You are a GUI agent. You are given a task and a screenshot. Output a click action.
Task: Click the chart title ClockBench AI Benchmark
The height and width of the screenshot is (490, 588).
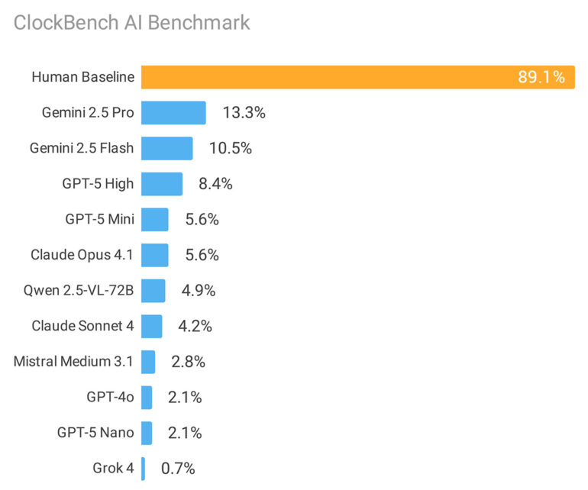pos(131,23)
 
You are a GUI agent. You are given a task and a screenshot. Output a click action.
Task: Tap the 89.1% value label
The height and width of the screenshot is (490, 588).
pos(541,77)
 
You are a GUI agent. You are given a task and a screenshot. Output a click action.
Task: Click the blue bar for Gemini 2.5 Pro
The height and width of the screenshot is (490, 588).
pos(173,113)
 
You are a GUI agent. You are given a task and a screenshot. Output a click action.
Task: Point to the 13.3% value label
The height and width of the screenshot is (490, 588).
pos(244,113)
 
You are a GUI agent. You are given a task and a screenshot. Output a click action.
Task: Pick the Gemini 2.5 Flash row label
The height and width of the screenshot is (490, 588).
pos(82,148)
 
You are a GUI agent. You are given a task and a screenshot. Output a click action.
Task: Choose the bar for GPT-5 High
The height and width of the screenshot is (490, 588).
pos(162,184)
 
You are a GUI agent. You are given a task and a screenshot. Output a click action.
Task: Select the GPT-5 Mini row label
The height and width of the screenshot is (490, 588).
pos(99,220)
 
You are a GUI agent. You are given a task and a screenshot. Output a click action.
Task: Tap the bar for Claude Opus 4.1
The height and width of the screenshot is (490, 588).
pos(155,255)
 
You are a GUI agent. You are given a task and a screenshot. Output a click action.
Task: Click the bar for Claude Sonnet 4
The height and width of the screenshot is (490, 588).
pos(152,326)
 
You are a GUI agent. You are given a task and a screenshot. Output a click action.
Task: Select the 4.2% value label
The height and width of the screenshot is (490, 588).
pos(194,327)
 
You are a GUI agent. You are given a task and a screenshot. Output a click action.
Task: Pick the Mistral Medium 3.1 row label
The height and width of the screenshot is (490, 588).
pos(73,362)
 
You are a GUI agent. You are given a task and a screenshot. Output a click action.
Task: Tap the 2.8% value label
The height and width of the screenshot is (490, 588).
pos(188,362)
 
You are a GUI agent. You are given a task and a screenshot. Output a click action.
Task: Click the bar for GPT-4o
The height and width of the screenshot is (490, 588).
pos(147,398)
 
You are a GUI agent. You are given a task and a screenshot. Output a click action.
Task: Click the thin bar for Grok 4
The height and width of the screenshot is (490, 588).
pos(143,469)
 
